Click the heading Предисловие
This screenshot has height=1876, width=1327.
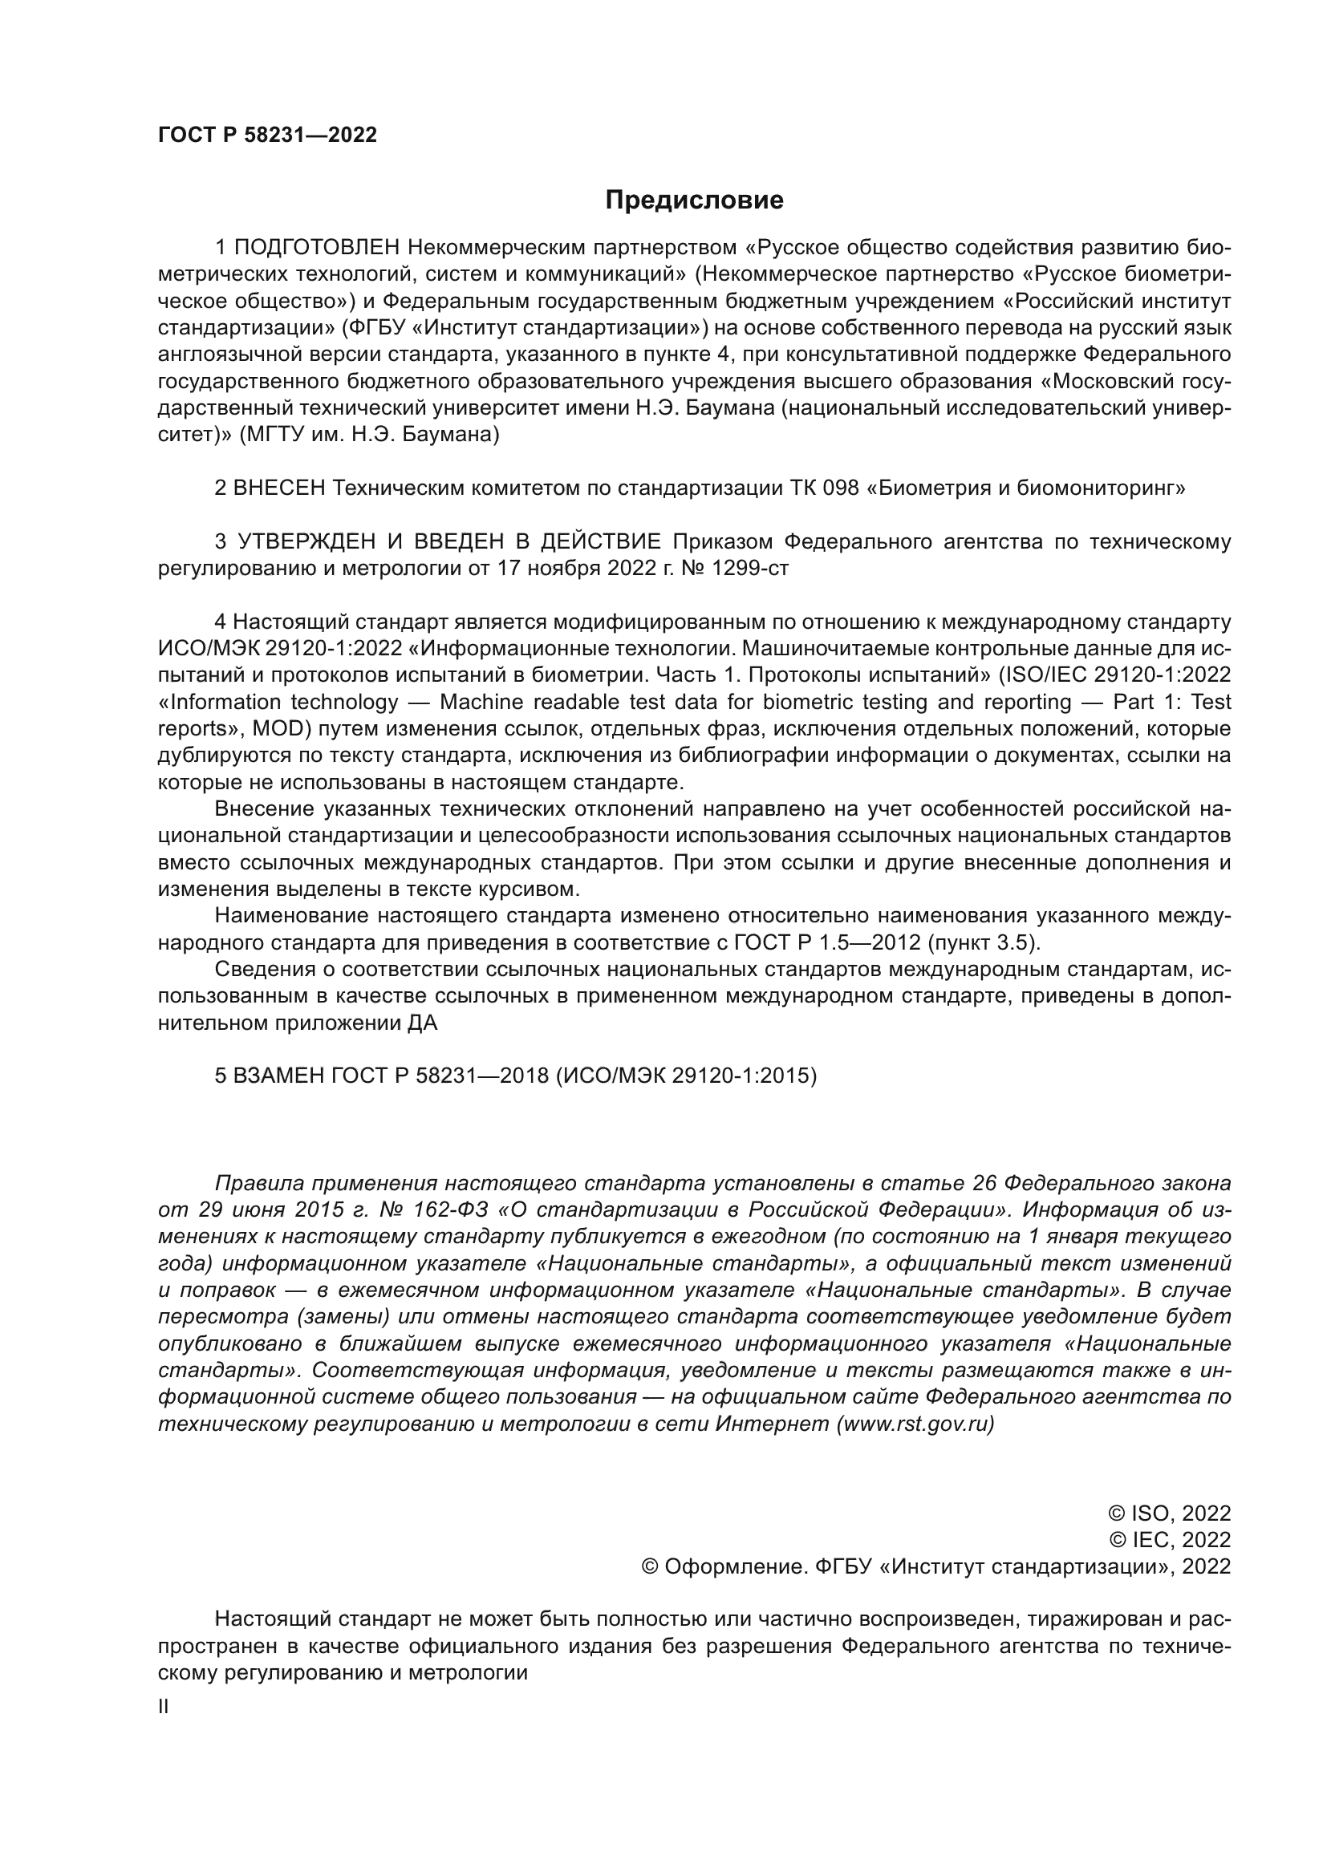(694, 201)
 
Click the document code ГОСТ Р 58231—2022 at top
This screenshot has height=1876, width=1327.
(267, 136)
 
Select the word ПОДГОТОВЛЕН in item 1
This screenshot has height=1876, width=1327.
(317, 248)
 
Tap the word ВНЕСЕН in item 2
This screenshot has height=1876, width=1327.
(279, 488)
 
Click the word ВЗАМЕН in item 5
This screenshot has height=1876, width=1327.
(278, 1076)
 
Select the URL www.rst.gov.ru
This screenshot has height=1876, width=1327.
(915, 1424)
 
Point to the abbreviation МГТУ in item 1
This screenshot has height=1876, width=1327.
(272, 435)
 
